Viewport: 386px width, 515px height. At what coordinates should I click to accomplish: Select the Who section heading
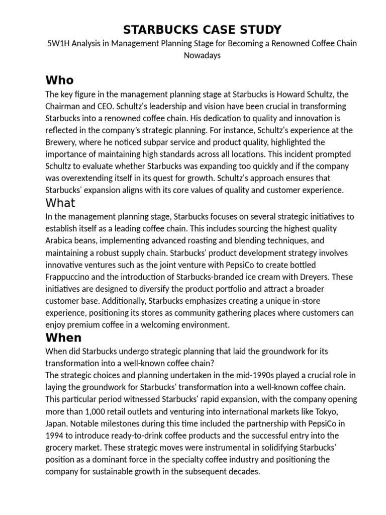point(59,80)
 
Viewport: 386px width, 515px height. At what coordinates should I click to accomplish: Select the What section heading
point(60,203)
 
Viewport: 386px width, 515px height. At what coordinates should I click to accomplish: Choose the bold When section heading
point(63,337)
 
